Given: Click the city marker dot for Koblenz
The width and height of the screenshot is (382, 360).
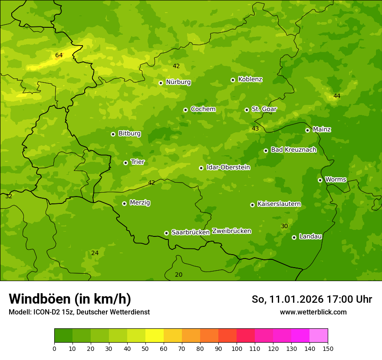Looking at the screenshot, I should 233,80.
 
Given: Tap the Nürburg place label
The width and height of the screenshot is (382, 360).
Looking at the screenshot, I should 178,82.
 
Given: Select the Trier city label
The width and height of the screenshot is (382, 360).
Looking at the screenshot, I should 137,162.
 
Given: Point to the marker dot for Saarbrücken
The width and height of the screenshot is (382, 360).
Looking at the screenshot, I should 166,233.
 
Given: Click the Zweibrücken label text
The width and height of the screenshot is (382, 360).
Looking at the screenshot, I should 231,231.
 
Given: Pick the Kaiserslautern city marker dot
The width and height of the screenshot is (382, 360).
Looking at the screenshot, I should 252,205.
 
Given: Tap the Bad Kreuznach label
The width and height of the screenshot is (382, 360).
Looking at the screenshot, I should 293,150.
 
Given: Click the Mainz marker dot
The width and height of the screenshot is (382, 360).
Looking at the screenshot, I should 307,130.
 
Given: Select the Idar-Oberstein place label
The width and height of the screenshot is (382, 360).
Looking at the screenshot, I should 228,167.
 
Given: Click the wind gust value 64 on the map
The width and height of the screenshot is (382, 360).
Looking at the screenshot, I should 59,55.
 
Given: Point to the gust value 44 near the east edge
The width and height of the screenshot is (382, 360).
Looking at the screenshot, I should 337,96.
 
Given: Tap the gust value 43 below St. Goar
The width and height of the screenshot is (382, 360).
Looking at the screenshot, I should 255,128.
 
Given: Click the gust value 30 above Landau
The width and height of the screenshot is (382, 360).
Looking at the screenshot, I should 284,226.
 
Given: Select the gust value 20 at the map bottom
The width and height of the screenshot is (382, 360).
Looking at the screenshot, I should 178,275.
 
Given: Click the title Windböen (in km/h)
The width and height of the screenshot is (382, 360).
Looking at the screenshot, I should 70,299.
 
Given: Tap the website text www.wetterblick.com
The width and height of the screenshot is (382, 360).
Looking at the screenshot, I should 313,312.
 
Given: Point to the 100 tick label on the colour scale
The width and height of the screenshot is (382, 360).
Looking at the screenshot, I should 237,348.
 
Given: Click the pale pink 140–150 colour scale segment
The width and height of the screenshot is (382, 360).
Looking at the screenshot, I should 319,336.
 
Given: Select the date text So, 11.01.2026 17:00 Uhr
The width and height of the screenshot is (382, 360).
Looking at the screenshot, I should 312,299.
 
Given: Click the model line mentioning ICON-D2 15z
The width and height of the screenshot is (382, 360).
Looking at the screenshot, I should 79,312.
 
